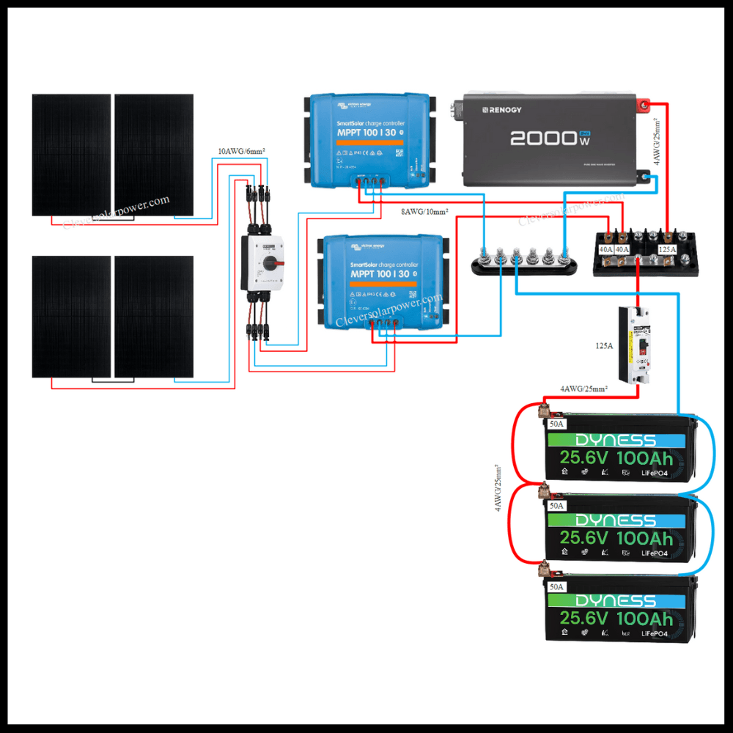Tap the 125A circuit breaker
coord(635,345)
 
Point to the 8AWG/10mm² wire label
coord(424,212)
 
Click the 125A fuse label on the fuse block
coord(668,249)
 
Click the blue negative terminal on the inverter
coord(645,176)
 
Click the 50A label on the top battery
coord(556,424)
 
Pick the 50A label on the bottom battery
coord(556,587)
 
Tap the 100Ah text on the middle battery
coord(645,538)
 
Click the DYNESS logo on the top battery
coord(615,440)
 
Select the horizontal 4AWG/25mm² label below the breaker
coord(583,388)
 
